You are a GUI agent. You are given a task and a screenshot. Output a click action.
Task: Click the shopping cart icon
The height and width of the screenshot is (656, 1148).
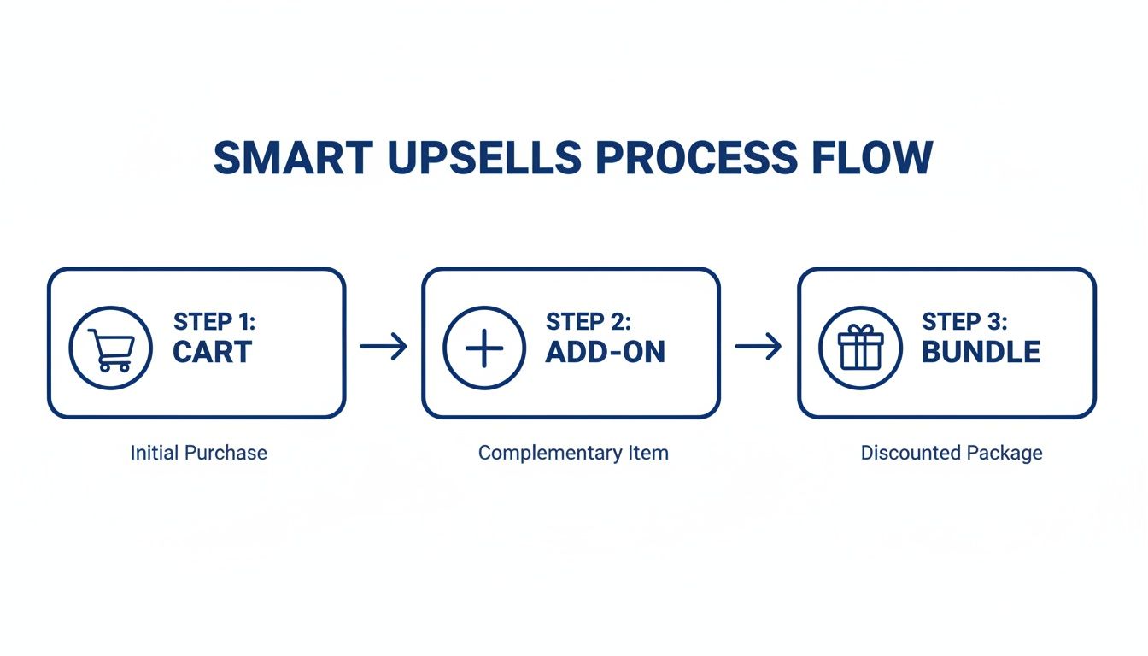111,348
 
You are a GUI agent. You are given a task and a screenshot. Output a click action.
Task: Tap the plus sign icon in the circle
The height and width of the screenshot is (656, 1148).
484,348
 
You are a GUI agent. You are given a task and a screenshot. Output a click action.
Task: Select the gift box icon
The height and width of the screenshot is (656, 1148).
860,348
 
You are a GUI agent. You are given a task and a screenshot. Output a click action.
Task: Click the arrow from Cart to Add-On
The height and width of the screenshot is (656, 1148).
384,347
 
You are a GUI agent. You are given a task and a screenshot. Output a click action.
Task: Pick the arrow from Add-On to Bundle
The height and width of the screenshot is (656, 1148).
758,347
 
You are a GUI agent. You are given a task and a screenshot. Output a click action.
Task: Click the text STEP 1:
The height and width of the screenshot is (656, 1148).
214,322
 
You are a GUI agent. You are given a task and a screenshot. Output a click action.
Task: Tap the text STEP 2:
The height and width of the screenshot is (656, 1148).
589,322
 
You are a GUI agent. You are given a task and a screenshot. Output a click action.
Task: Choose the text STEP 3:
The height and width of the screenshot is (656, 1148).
964,322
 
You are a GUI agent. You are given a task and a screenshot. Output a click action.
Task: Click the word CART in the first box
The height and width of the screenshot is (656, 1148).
213,352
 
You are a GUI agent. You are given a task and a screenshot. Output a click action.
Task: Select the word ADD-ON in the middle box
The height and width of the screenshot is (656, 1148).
605,352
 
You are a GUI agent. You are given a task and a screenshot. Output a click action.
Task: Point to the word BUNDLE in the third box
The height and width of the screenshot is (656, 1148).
981,352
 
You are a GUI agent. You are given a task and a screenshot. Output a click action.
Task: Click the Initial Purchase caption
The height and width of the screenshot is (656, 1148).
198,453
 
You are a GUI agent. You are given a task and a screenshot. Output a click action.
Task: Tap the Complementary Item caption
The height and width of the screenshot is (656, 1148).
573,453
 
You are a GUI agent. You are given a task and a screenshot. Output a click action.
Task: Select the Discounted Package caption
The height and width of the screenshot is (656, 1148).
952,453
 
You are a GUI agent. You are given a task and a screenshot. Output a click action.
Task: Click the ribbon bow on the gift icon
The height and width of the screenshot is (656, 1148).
860,330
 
